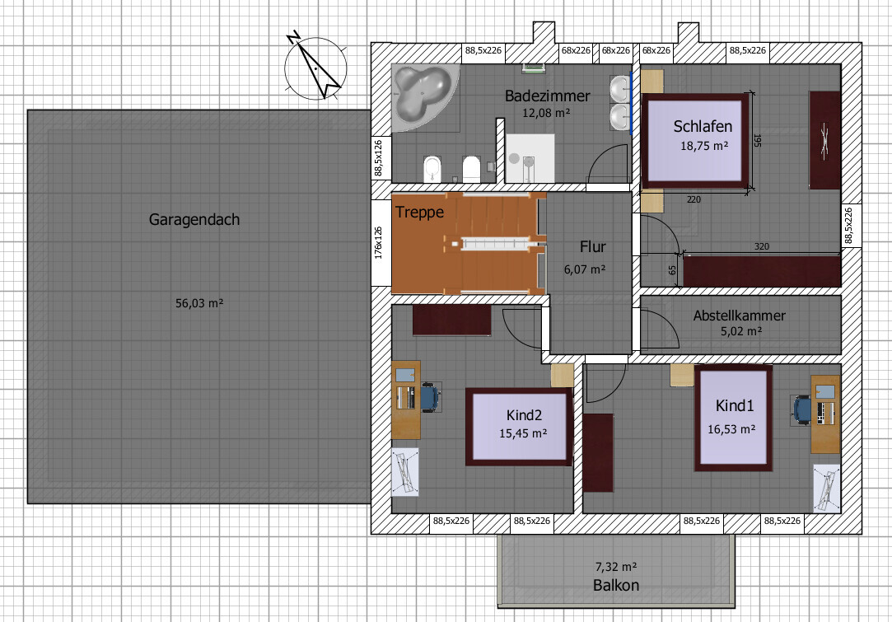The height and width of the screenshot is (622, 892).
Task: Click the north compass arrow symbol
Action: [x=315, y=68]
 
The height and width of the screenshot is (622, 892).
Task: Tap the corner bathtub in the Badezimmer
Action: [x=424, y=96]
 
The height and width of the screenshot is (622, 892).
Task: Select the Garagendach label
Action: [x=194, y=220]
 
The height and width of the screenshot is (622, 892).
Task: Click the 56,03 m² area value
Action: [x=199, y=303]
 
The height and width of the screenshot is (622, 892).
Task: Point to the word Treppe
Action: [x=419, y=213]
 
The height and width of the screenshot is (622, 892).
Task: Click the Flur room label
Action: [x=592, y=247]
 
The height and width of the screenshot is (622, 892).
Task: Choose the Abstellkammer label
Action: [x=739, y=316]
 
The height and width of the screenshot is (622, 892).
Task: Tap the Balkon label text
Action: [x=615, y=585]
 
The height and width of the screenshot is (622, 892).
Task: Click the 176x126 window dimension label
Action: [x=378, y=243]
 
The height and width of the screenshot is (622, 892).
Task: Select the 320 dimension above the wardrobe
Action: [x=762, y=246]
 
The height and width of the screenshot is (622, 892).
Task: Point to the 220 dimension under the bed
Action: [x=694, y=199]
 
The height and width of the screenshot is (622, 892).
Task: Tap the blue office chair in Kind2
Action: [x=431, y=396]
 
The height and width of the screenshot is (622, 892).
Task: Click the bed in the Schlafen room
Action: [x=695, y=141]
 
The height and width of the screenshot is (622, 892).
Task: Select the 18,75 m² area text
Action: [x=704, y=146]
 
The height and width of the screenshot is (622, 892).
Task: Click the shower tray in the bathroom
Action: [x=530, y=159]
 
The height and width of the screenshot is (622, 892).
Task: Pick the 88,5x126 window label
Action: [x=378, y=158]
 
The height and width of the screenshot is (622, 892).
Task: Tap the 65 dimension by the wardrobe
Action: [x=672, y=269]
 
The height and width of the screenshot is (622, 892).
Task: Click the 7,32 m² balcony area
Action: [x=615, y=567]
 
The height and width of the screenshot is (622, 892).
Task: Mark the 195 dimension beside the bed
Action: [x=757, y=141]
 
